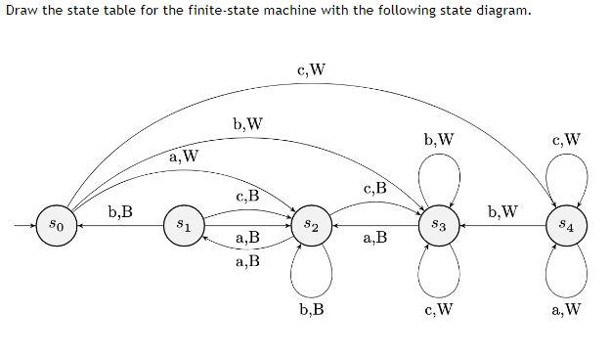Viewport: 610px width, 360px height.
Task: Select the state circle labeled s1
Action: [x=182, y=225]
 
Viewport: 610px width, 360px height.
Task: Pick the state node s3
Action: [x=439, y=225]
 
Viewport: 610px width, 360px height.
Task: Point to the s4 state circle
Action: [x=568, y=225]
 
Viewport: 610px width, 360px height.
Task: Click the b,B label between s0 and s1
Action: [x=121, y=210]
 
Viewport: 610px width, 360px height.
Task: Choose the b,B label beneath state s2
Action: [x=311, y=311]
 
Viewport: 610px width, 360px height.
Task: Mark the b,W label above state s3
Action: [x=439, y=139]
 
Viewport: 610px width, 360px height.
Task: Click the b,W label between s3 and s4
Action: [x=502, y=210]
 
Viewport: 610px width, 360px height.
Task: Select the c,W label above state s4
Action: [x=567, y=139]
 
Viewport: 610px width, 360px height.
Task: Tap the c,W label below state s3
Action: [x=439, y=311]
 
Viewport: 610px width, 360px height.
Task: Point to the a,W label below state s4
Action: [x=567, y=311]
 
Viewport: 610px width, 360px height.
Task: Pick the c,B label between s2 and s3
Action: [x=374, y=188]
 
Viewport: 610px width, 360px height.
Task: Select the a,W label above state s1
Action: [x=184, y=156]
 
